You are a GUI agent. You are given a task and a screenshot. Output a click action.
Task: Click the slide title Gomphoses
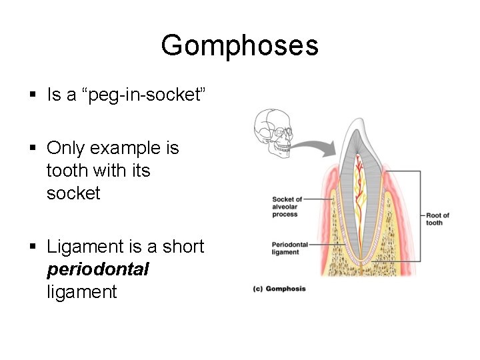coord(239,45)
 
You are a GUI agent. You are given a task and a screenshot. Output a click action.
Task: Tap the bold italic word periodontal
coord(98,269)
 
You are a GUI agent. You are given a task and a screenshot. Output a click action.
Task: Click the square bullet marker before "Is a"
coord(33,95)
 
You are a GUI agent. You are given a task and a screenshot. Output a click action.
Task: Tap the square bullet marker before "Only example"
coord(33,149)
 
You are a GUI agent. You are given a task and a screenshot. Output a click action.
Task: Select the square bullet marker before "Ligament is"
coord(33,247)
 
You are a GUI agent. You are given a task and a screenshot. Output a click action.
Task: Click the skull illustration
coord(273,134)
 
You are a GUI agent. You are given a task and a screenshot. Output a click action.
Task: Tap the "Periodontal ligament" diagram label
coord(290,249)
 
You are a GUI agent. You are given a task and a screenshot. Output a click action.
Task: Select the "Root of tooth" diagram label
coord(437,219)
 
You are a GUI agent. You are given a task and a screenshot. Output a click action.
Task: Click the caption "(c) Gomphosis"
coord(279,289)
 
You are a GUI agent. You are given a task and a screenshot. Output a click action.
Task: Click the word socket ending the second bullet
coord(73,193)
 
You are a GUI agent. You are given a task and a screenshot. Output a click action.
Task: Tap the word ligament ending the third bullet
coord(81,292)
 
